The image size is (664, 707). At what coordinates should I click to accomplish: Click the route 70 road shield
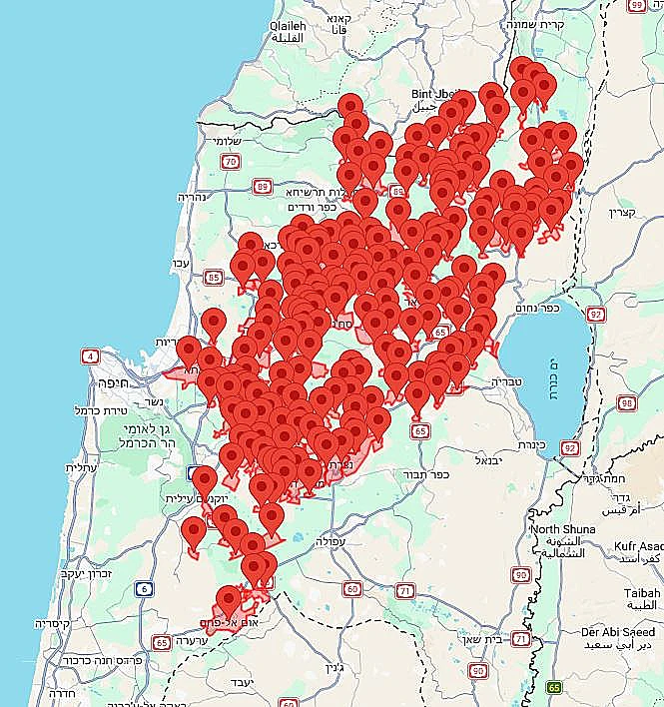(232, 162)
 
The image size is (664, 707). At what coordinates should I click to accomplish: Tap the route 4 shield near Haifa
(92, 355)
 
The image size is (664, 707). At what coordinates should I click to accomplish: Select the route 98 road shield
(627, 403)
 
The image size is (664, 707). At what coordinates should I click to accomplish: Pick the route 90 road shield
(521, 574)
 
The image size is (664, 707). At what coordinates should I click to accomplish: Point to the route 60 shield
(351, 589)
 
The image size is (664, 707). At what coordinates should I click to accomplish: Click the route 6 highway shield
(146, 589)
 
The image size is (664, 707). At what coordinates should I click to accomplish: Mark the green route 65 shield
(554, 688)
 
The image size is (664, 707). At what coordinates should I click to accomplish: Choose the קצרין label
(619, 213)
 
